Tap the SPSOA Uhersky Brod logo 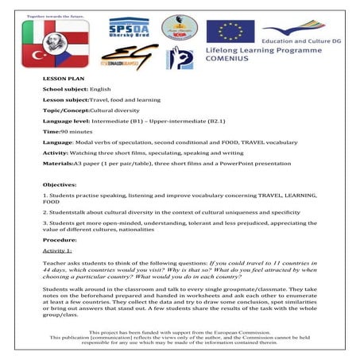[129, 30]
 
